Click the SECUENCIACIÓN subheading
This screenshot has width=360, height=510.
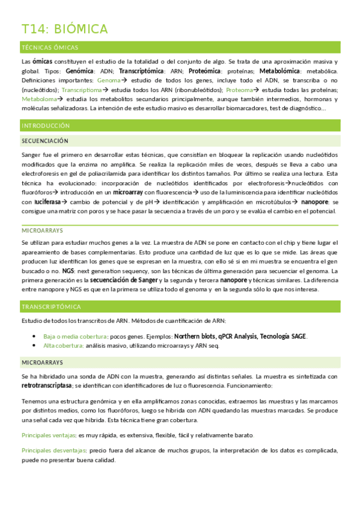[x=45, y=140]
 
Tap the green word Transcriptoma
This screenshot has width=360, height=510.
[x=84, y=90]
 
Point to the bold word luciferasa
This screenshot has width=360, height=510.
[x=50, y=202]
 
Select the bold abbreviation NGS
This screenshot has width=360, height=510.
[x=67, y=271]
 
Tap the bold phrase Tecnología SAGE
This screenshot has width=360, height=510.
[x=281, y=336]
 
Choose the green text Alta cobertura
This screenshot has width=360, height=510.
[x=63, y=346]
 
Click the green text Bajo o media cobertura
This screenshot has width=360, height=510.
[x=75, y=336]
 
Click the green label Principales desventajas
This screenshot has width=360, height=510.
[x=53, y=450]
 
